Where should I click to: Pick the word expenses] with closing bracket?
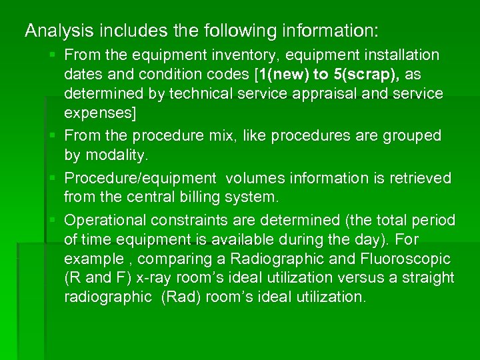point(100,113)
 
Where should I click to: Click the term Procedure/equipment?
point(140,178)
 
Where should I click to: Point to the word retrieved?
point(421,178)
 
